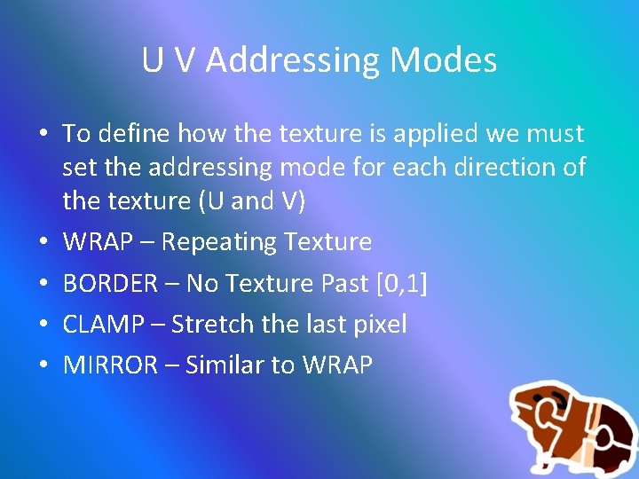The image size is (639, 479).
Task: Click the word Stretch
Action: coord(213,324)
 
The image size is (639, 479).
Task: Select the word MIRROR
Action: coord(110,365)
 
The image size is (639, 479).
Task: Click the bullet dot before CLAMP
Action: coord(43,325)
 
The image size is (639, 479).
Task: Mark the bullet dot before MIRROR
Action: coord(43,365)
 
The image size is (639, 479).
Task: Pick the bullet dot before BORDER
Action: coord(43,284)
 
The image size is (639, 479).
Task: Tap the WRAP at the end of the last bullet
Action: coord(337,365)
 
